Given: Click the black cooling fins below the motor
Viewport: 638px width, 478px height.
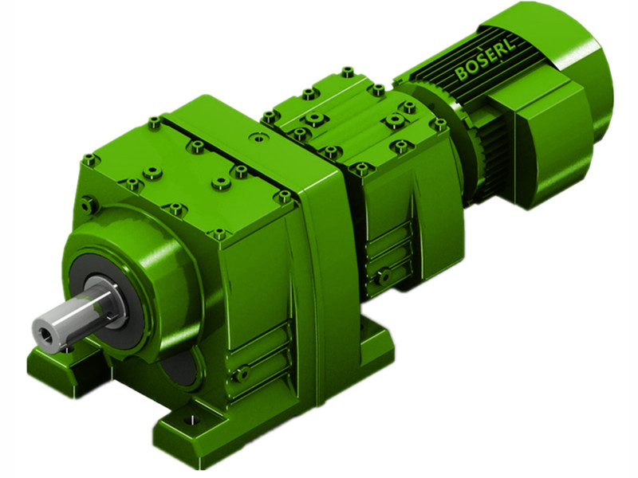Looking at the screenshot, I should point(486,159).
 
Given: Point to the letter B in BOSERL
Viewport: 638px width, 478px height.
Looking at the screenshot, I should point(462,76).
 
